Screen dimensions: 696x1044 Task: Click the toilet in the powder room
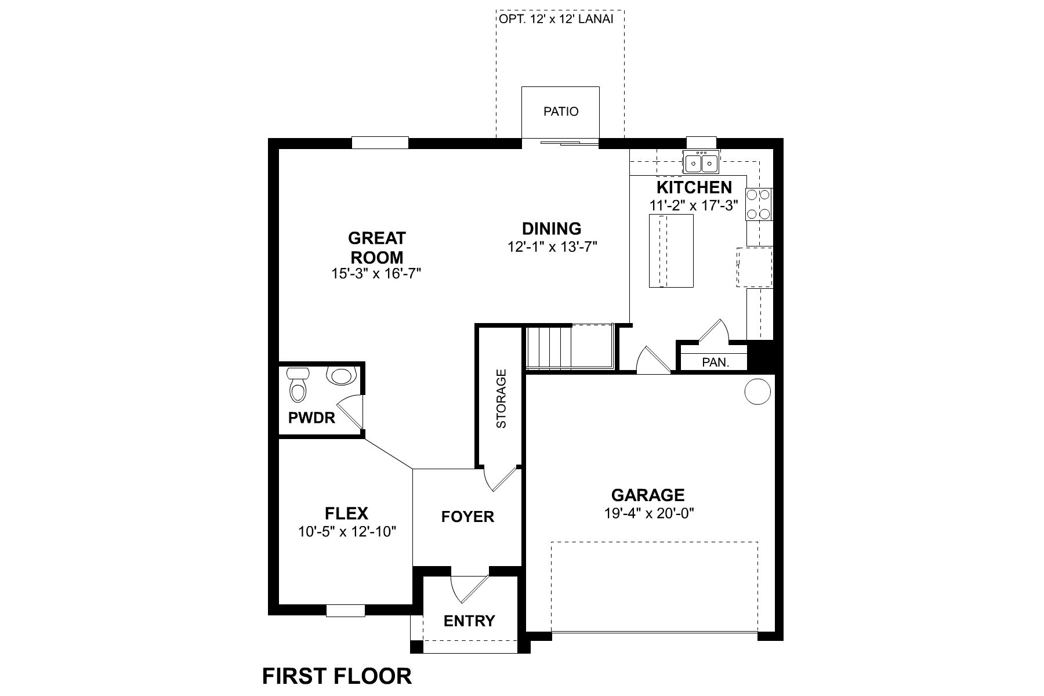(298, 386)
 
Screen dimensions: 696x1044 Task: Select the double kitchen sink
(701, 163)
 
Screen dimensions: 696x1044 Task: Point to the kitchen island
(671, 251)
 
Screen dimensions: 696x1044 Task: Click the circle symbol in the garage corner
(757, 391)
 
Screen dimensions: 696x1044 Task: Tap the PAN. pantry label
(715, 362)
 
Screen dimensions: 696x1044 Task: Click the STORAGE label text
(501, 398)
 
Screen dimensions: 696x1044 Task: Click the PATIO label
(561, 111)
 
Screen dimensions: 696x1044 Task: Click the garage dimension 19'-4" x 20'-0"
(648, 513)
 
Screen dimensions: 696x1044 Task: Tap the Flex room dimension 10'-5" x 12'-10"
(347, 532)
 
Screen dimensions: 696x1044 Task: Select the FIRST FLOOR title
(337, 676)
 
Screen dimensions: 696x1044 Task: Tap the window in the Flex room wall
(345, 611)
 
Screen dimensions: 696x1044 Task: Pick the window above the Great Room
(380, 143)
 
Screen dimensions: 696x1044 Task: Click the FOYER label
(467, 517)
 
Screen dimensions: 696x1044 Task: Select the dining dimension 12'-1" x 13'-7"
(552, 247)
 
